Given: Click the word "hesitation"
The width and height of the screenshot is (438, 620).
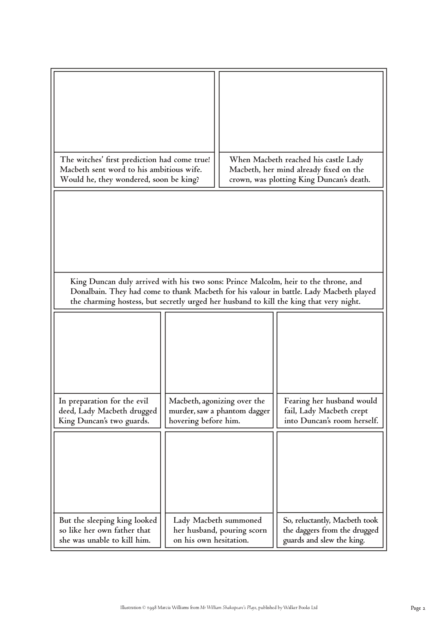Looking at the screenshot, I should pos(229,540).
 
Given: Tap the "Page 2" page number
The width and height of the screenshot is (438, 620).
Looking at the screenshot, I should pos(418,608).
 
